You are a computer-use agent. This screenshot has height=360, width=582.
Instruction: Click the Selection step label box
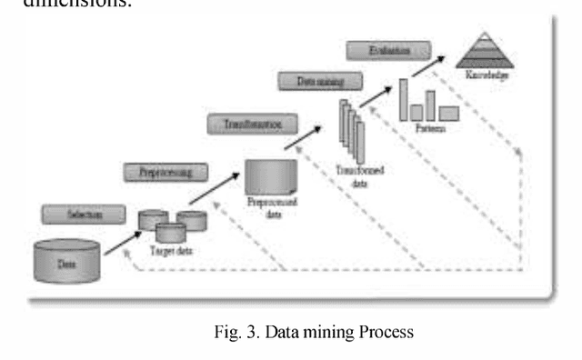pyautogui.click(x=82, y=215)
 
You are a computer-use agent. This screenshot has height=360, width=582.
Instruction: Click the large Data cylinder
pyautogui.click(x=66, y=261)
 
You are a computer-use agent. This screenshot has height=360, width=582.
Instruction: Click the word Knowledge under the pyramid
pyautogui.click(x=487, y=76)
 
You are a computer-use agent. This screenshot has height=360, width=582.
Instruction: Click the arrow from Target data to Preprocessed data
pyautogui.click(x=215, y=189)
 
